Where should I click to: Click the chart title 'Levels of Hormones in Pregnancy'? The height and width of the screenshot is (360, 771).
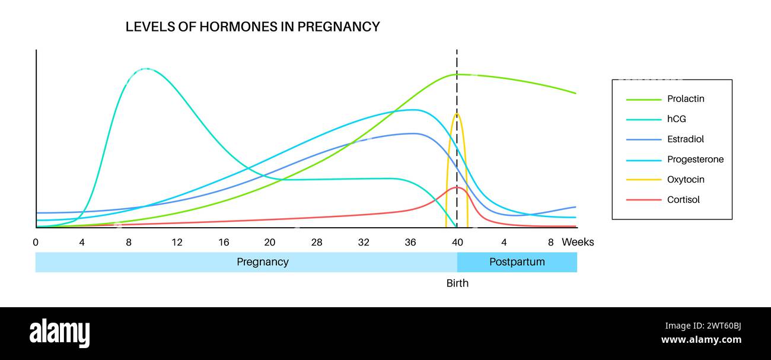[x=253, y=27]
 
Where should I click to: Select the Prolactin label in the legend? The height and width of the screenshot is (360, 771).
[x=686, y=99]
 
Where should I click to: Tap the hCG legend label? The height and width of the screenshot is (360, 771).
[x=676, y=119]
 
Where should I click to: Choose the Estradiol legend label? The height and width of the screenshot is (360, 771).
[x=686, y=139]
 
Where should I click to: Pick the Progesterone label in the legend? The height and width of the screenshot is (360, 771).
[x=695, y=160]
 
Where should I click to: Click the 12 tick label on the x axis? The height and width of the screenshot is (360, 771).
[x=177, y=242]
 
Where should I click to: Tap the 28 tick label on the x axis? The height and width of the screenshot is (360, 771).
[x=317, y=242]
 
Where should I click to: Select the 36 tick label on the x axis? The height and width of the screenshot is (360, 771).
[x=410, y=242]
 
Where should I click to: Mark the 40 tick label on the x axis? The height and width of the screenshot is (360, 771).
[x=457, y=242]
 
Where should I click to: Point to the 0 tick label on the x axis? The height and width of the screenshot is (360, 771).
[x=36, y=242]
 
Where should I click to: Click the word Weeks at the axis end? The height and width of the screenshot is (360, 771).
[x=578, y=242]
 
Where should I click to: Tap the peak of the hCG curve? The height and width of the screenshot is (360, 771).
[x=146, y=69]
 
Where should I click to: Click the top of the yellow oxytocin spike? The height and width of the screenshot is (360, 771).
[x=457, y=113]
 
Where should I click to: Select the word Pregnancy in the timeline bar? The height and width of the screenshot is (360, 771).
[x=263, y=262]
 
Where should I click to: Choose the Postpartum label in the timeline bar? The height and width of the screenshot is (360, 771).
[x=517, y=262]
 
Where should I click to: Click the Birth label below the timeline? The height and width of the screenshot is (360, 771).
[x=457, y=283]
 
